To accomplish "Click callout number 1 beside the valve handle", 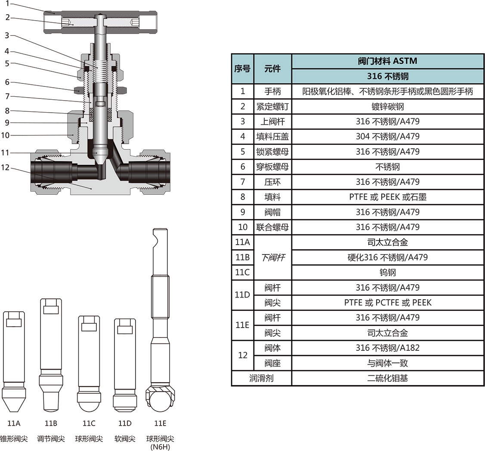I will pyautogui.click(x=7, y=3).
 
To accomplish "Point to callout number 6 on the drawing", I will pyautogui.click(x=7, y=82).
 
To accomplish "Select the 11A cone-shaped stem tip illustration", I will pyautogui.click(x=14, y=361).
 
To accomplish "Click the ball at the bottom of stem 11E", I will pyautogui.click(x=160, y=399).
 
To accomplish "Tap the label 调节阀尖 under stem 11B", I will pyautogui.click(x=51, y=439).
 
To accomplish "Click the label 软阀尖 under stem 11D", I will pyautogui.click(x=125, y=439).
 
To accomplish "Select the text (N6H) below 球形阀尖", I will pyautogui.click(x=160, y=447).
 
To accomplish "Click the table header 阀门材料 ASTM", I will pyautogui.click(x=387, y=61).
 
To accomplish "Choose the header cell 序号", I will pyautogui.click(x=242, y=68).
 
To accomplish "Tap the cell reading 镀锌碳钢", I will pyautogui.click(x=387, y=106).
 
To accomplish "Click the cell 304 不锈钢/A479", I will pyautogui.click(x=387, y=136).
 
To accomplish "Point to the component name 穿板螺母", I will pyautogui.click(x=272, y=167).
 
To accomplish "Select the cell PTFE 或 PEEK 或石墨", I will pyautogui.click(x=387, y=197).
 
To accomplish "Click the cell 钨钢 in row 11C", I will pyautogui.click(x=387, y=272).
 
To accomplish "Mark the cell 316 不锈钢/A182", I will pyautogui.click(x=387, y=348).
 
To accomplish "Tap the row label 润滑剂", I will pyautogui.click(x=261, y=378).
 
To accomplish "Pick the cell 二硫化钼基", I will pyautogui.click(x=387, y=378).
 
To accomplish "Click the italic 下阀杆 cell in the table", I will pyautogui.click(x=272, y=258).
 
